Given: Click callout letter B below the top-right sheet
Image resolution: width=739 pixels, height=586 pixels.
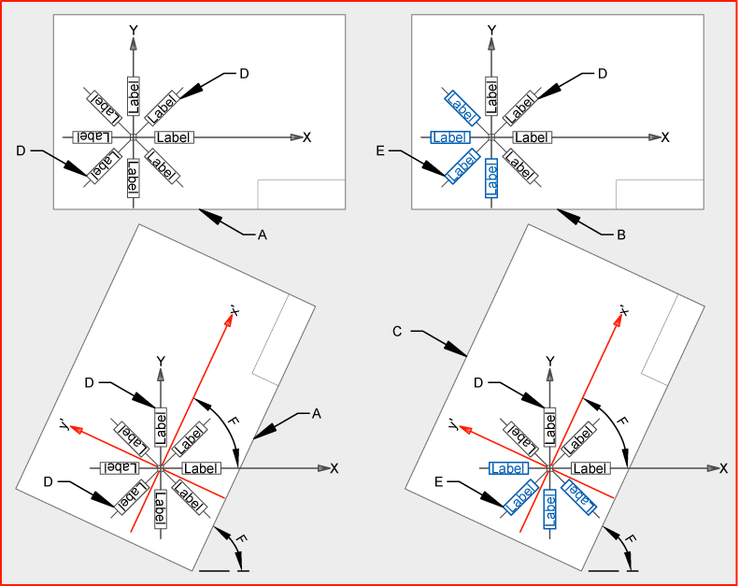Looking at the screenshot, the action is click(621, 235).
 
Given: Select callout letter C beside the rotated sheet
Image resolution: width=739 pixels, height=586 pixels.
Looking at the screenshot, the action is click(397, 332).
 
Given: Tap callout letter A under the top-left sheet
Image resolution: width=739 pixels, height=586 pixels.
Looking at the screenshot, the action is click(263, 235).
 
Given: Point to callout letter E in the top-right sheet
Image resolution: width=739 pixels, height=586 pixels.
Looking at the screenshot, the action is click(380, 150).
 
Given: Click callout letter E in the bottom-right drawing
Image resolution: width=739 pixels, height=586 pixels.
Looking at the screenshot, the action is click(439, 482).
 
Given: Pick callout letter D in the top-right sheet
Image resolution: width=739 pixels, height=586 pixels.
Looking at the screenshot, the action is click(603, 74).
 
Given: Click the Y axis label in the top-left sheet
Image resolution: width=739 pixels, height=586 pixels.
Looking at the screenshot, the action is click(134, 31).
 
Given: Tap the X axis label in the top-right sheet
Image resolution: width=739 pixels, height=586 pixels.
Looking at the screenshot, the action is click(665, 137).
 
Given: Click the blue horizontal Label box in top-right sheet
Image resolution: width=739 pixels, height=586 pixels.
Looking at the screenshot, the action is click(450, 137).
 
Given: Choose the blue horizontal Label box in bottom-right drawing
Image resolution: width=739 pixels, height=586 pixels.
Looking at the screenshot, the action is click(509, 468).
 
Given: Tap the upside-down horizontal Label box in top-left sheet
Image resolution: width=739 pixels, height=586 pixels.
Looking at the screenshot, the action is click(92, 137).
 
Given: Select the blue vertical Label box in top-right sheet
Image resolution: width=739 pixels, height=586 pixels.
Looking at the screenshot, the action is click(491, 179).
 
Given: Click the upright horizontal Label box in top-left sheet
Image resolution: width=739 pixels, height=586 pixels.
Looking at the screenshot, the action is click(175, 137).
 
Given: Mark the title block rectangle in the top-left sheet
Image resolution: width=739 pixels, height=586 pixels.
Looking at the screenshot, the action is click(302, 194).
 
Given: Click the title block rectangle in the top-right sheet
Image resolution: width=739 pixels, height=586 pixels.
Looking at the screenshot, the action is click(660, 194).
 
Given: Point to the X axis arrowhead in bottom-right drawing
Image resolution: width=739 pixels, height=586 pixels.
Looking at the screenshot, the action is click(714, 468).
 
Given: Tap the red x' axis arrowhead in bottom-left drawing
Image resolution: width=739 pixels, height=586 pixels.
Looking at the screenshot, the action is click(229, 321).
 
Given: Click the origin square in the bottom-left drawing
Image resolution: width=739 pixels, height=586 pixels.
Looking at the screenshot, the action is click(161, 468).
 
